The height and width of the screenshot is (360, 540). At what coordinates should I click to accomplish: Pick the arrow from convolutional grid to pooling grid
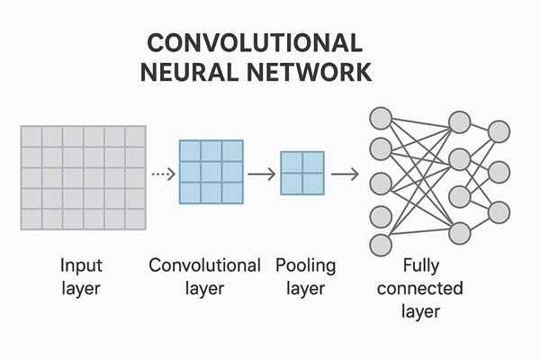click(261, 174)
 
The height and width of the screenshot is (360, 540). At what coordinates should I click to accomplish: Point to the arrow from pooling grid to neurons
click(344, 174)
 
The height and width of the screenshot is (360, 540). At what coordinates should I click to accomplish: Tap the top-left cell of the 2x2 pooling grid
click(291, 162)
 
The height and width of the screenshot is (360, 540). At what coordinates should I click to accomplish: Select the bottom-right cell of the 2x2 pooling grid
click(312, 184)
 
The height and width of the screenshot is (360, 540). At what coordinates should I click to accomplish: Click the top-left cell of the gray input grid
click(31, 137)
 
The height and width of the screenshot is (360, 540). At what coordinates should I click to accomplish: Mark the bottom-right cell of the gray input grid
click(135, 219)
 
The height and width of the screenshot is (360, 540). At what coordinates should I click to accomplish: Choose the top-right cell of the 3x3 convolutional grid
click(232, 150)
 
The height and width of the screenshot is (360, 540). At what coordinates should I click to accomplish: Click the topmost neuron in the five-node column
click(381, 117)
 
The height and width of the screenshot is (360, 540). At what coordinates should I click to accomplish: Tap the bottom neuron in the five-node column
click(381, 244)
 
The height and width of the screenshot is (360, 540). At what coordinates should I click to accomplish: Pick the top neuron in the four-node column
click(460, 121)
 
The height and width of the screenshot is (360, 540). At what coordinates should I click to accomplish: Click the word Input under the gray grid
click(82, 266)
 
